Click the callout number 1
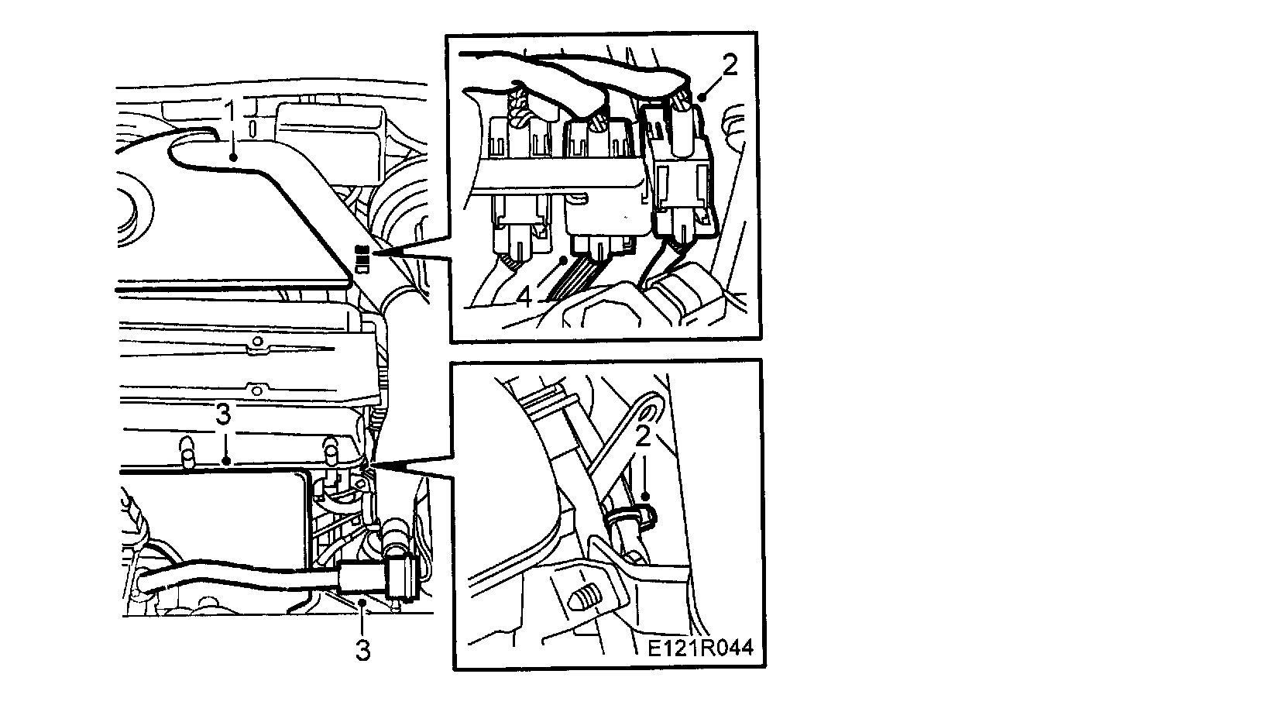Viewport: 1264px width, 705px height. (229, 112)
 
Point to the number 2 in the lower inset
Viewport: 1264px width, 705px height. (642, 436)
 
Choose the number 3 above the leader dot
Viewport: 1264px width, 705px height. (223, 416)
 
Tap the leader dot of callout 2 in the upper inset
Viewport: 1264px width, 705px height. (701, 98)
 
